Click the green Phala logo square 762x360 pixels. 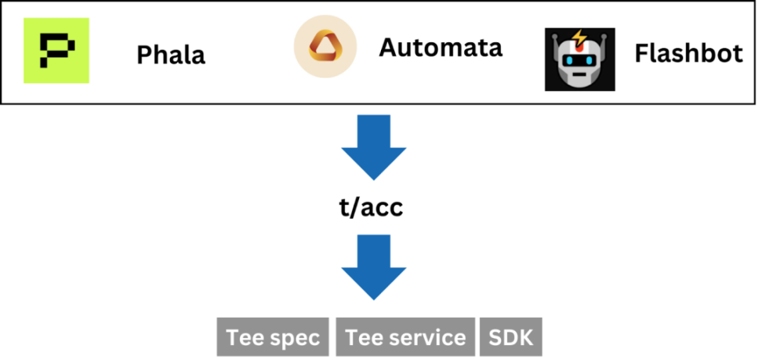[56, 49]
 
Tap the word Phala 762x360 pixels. [171, 55]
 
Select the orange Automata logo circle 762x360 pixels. [325, 46]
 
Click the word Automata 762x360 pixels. [441, 48]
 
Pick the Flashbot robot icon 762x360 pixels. [579, 59]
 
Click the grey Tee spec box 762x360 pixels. [273, 337]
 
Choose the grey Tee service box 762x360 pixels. [405, 337]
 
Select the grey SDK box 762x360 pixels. [510, 337]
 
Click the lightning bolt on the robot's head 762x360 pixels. [578, 38]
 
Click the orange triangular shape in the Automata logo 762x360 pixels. [325, 48]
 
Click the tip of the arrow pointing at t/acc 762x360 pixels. [374, 177]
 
